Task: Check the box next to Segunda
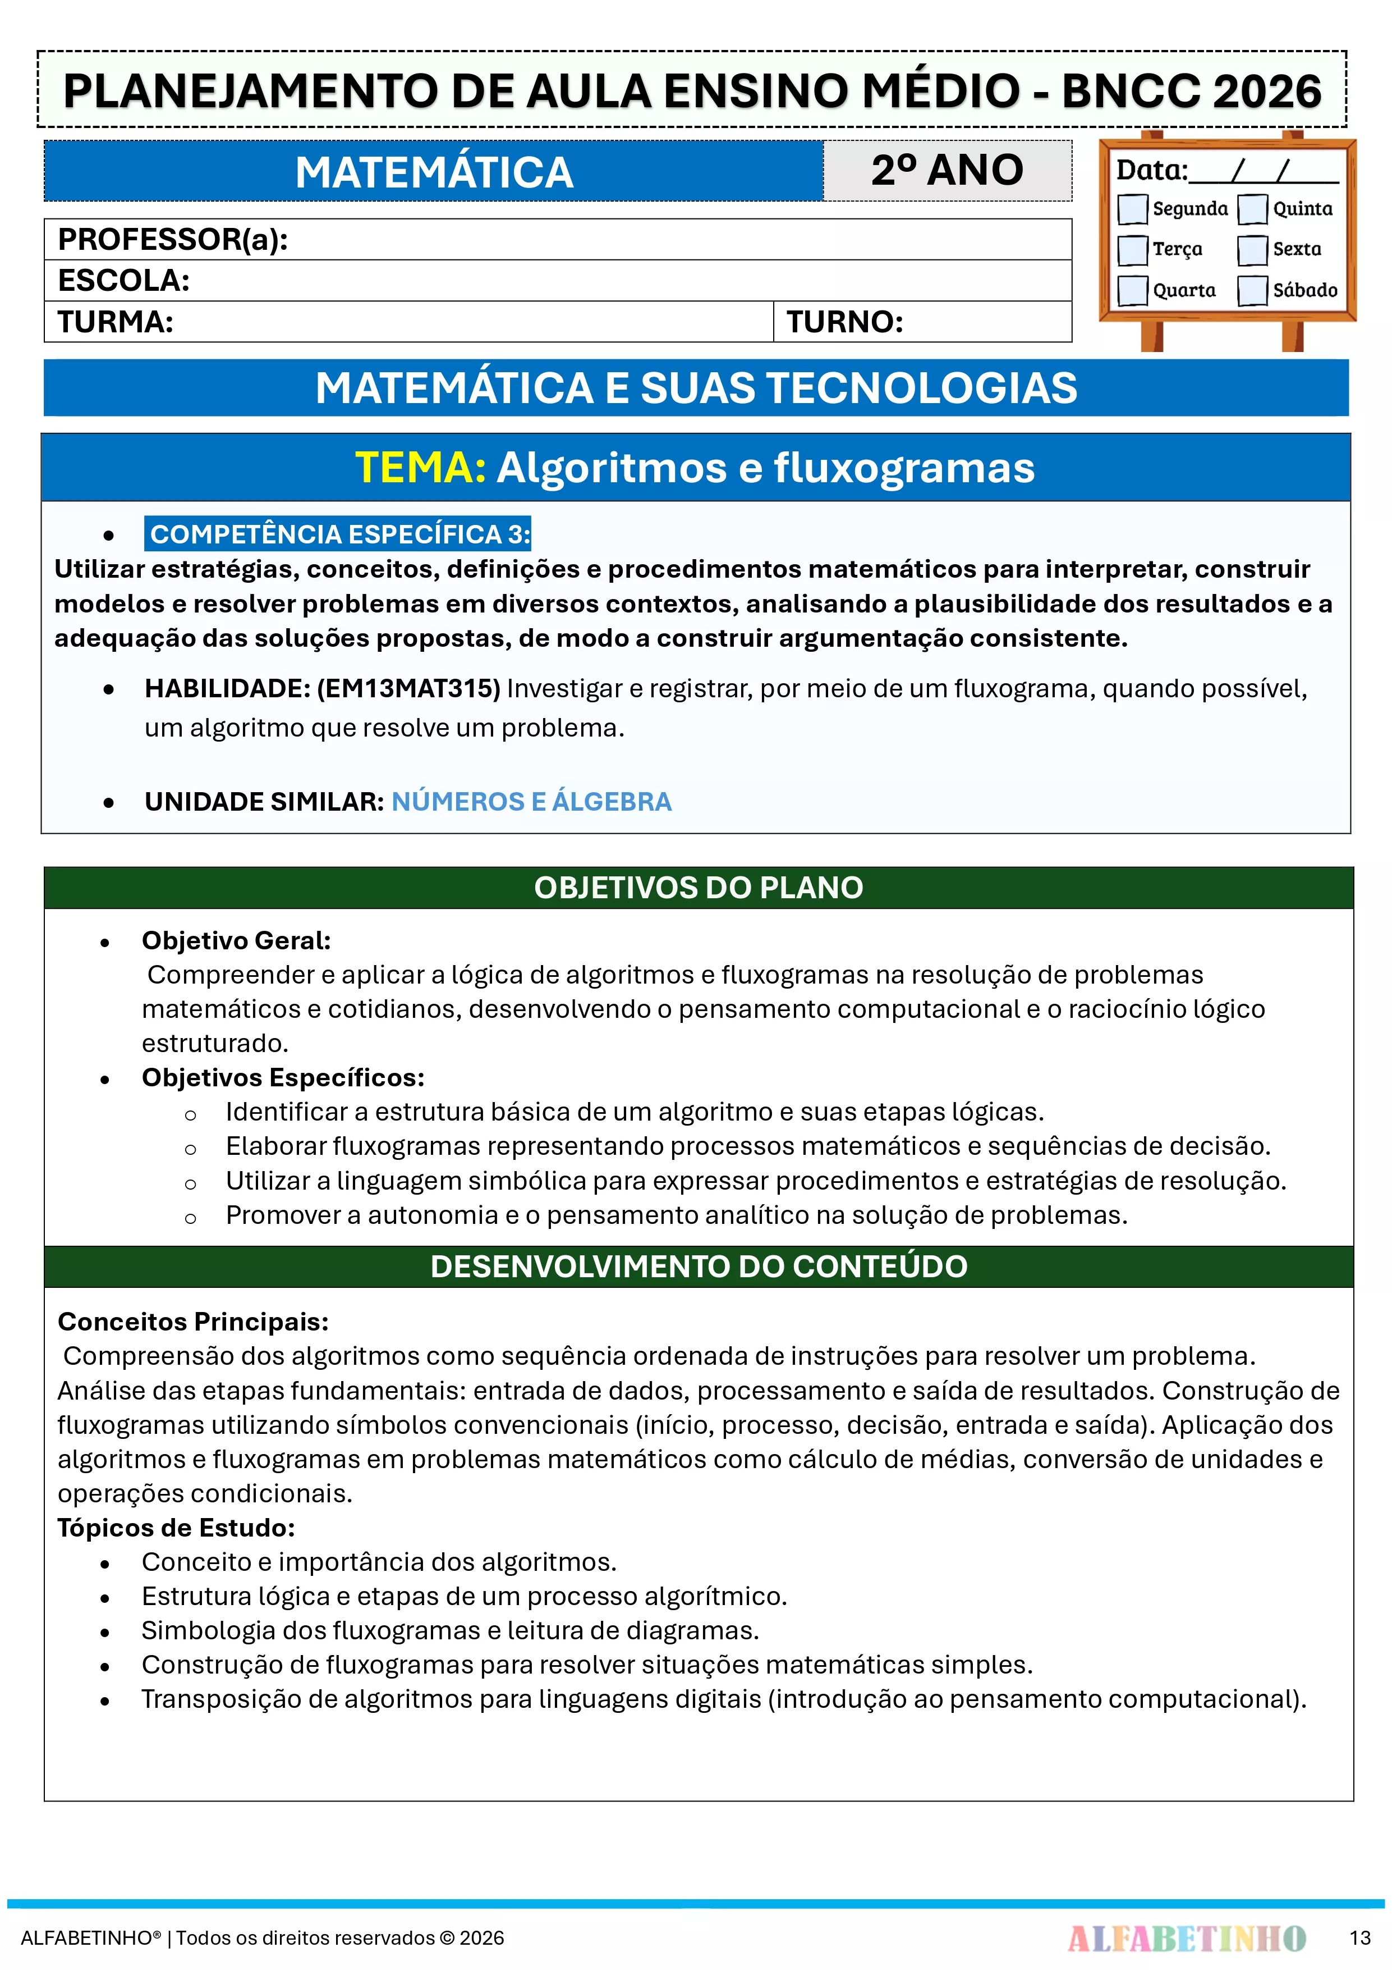pyautogui.click(x=1132, y=208)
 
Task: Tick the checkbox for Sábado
pyautogui.click(x=1252, y=290)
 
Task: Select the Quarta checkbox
pyautogui.click(x=1132, y=290)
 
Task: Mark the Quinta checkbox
pyautogui.click(x=1252, y=208)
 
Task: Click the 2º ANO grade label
pyautogui.click(x=947, y=170)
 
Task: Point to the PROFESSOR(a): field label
pyautogui.click(x=172, y=239)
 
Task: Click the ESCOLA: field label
pyautogui.click(x=123, y=281)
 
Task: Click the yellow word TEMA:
pyautogui.click(x=420, y=468)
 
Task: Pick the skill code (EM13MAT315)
pyautogui.click(x=408, y=688)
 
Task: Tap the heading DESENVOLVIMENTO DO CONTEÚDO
pyautogui.click(x=698, y=1267)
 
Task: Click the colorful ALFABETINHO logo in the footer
pyautogui.click(x=1186, y=1937)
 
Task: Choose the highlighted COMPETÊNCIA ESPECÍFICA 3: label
pyautogui.click(x=339, y=534)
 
